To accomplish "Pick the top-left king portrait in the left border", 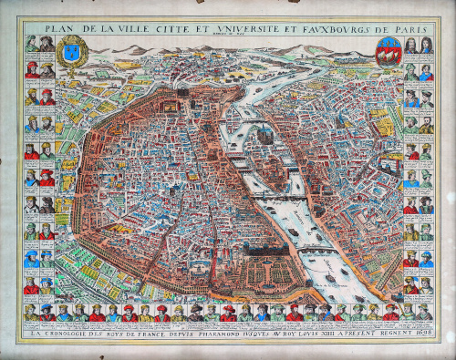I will pyautogui.click(x=31, y=44).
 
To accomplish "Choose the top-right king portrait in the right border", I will pyautogui.click(x=425, y=44).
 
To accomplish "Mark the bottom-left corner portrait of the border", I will pyautogui.click(x=31, y=313).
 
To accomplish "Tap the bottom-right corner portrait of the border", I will pyautogui.click(x=425, y=313).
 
